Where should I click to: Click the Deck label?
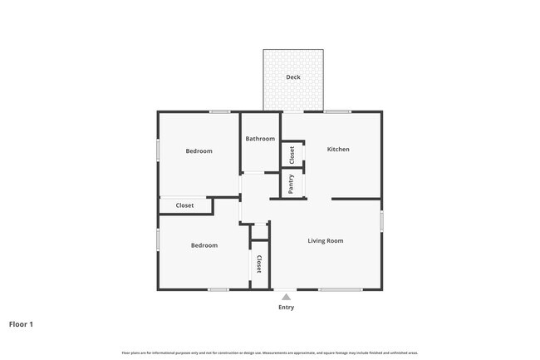pos(293,77)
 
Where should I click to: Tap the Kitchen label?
pos(338,150)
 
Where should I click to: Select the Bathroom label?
pos(260,139)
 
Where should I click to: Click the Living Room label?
pos(326,241)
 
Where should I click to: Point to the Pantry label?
pos(292,184)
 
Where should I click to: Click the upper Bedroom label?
pos(199,151)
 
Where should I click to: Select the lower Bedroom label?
pos(204,245)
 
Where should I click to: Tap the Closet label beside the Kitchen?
pos(292,155)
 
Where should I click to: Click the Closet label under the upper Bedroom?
pos(184,205)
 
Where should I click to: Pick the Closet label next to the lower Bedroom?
pos(259,264)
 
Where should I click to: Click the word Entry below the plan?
pos(286,308)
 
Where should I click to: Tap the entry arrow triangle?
pos(286,296)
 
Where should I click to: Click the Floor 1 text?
pos(21,324)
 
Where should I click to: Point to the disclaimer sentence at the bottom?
pos(270,353)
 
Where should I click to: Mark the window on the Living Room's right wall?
pos(381,221)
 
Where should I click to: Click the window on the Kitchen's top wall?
pos(336,111)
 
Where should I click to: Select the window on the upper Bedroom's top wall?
pos(219,111)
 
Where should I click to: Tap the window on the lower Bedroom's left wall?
pos(158,239)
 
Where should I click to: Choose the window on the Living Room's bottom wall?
pos(340,289)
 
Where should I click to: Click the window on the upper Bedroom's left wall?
pos(158,150)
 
